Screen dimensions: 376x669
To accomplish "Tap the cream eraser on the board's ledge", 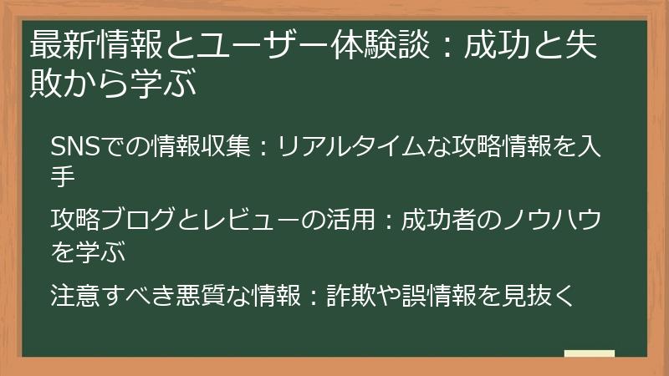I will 590,353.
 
